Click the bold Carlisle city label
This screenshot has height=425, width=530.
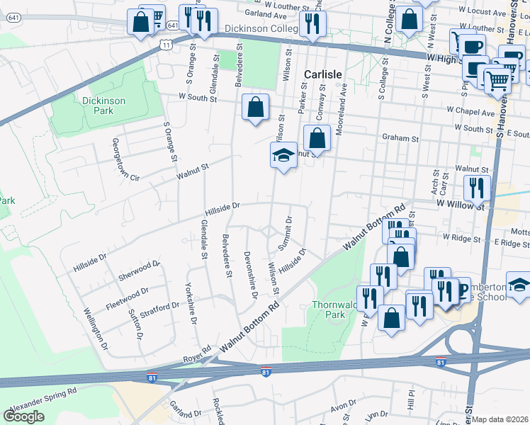click(x=323, y=74)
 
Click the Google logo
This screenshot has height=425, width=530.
click(x=23, y=416)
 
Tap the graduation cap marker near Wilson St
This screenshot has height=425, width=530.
click(x=283, y=155)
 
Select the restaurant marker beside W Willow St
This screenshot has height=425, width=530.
click(x=477, y=188)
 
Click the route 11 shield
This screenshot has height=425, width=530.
click(x=165, y=45)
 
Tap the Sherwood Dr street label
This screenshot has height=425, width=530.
click(x=139, y=268)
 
